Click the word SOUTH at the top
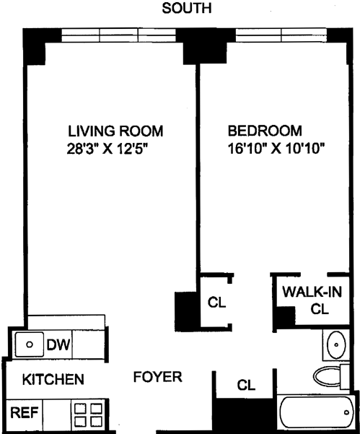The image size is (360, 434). tap(187, 8)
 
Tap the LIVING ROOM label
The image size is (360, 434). tap(115, 131)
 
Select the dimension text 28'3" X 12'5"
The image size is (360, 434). tap(107, 149)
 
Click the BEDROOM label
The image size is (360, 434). tap(265, 131)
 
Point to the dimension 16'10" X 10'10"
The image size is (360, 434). tap(276, 149)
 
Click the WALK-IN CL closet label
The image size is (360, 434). tap(312, 300)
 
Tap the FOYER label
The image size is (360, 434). tap(157, 377)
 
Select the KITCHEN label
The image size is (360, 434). tap(53, 379)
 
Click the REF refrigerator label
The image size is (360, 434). tap(25, 412)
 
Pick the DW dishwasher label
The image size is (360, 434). tap(58, 345)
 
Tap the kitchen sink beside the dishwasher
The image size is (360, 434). tap(30, 344)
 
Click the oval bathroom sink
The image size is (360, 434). tap(336, 344)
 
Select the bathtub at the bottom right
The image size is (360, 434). tap(317, 412)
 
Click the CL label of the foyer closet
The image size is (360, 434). tap(246, 385)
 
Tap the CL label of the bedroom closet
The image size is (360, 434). tap(216, 303)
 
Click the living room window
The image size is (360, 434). tap(118, 35)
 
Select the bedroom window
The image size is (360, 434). tap(281, 35)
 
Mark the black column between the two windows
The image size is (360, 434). tap(205, 46)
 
